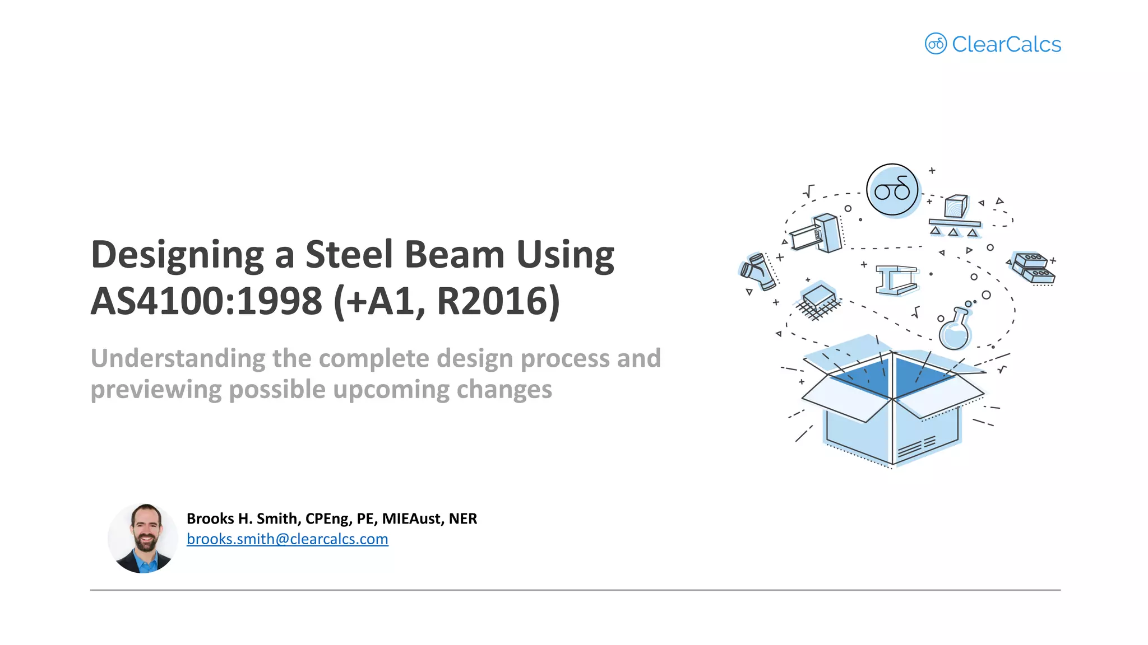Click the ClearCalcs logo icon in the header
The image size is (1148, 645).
[935, 44]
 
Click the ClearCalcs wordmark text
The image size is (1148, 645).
[1006, 44]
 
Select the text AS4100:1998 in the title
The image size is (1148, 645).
[206, 301]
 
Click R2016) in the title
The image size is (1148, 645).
[498, 301]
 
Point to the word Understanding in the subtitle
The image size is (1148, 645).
[178, 358]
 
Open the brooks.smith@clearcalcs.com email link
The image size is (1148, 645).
[287, 539]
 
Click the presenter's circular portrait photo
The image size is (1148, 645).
[143, 538]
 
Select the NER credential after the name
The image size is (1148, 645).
[462, 518]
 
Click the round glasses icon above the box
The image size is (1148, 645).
[892, 190]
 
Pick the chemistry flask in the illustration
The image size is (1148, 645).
[955, 331]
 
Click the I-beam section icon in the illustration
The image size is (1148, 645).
[897, 279]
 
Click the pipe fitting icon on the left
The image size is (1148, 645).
[758, 272]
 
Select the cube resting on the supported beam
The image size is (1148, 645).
[956, 206]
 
